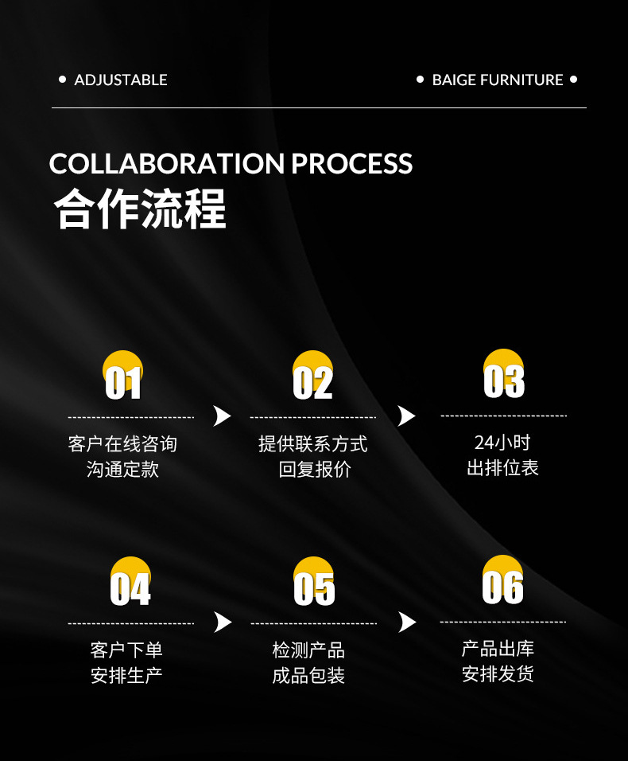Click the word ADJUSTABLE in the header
121,80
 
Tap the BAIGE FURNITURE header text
498,80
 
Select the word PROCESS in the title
351,163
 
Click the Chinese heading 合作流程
140,209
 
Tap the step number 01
123,383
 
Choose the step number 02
312,383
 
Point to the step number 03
504,381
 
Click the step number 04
130,588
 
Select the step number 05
314,588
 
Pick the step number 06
503,587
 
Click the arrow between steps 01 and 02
222,416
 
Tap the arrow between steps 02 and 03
406,416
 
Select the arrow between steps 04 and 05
223,622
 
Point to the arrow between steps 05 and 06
407,622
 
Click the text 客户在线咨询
122,444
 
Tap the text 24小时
502,443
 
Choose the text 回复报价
315,470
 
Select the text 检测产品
308,650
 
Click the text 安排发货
498,674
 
